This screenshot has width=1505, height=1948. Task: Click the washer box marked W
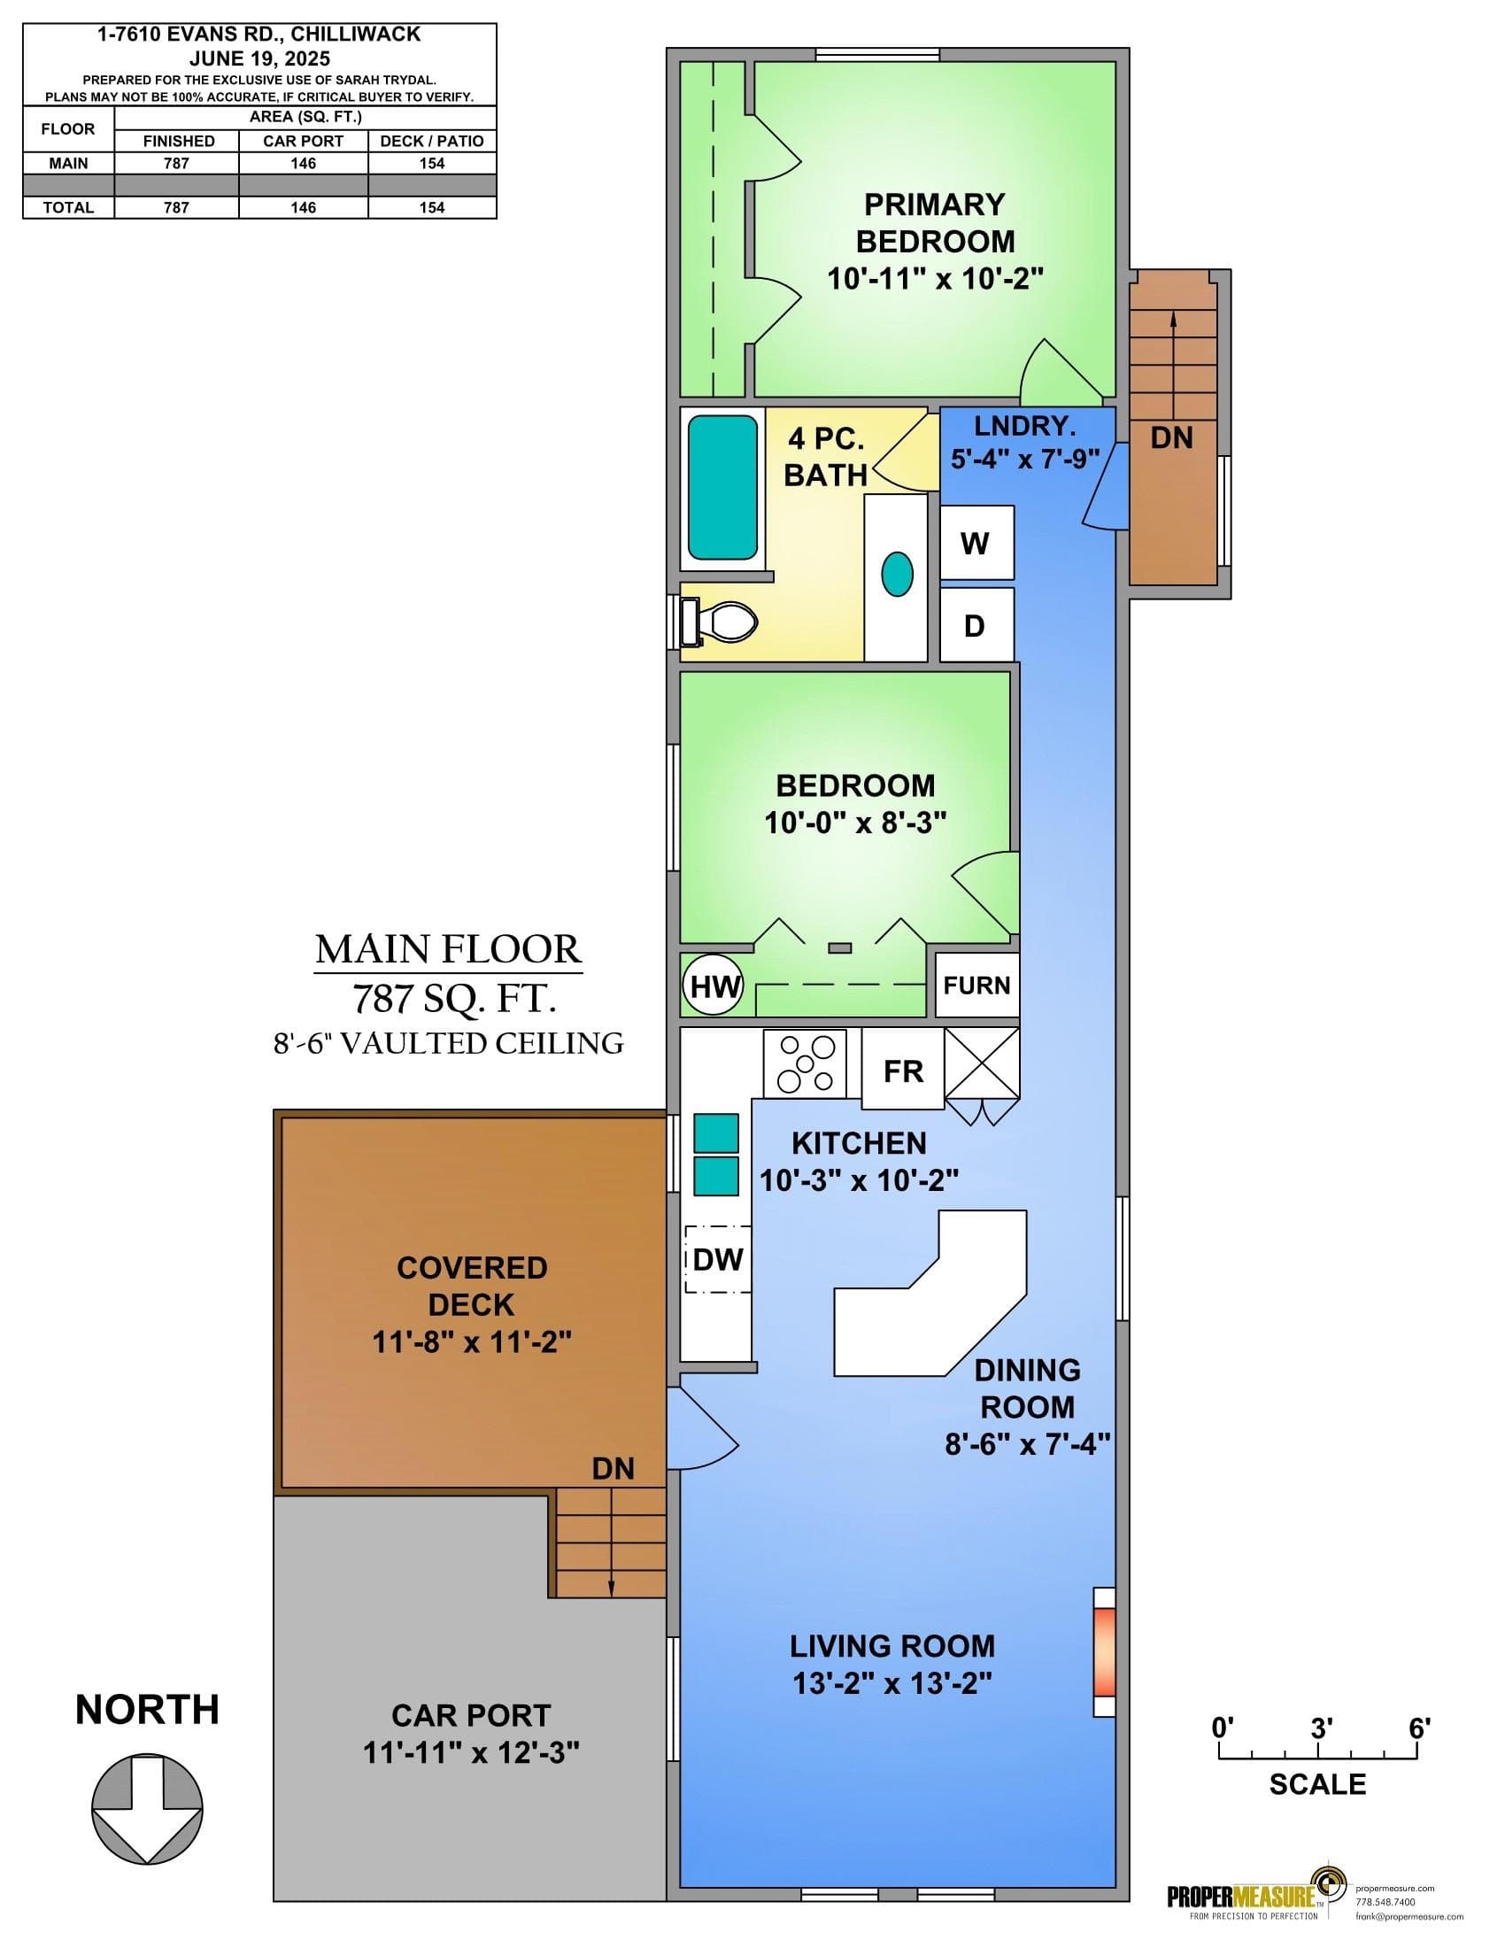[977, 542]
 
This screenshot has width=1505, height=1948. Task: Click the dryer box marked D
[977, 624]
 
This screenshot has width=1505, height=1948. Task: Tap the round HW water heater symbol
[714, 986]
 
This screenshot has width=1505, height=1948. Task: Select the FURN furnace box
[977, 985]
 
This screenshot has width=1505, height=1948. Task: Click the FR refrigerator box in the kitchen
[902, 1070]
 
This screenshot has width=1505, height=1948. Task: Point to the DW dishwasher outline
[718, 1259]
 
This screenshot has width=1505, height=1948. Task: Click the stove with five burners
[804, 1063]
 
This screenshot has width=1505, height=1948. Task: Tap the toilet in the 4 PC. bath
[718, 619]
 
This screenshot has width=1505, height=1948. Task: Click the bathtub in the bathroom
[723, 488]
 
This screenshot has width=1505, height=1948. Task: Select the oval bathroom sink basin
[897, 574]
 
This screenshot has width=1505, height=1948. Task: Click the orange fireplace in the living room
[1105, 1651]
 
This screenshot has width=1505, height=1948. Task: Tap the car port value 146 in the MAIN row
[303, 163]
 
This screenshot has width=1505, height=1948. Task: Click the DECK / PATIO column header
[431, 141]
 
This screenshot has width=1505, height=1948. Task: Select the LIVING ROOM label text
[892, 1646]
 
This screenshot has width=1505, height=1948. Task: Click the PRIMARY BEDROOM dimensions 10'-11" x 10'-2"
[935, 279]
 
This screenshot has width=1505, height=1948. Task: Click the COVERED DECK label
[472, 1286]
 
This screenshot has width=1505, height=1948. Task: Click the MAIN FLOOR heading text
[449, 949]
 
